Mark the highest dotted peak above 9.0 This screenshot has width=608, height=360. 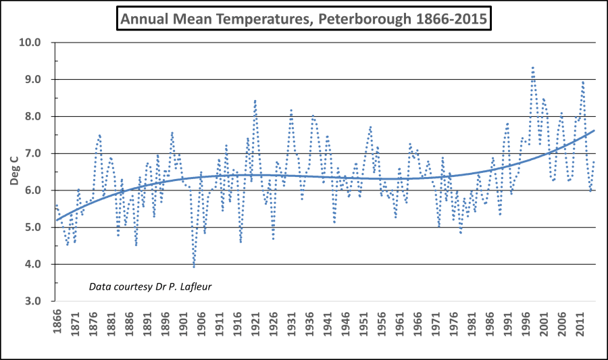(533, 68)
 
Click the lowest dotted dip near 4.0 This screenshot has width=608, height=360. (194, 267)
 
